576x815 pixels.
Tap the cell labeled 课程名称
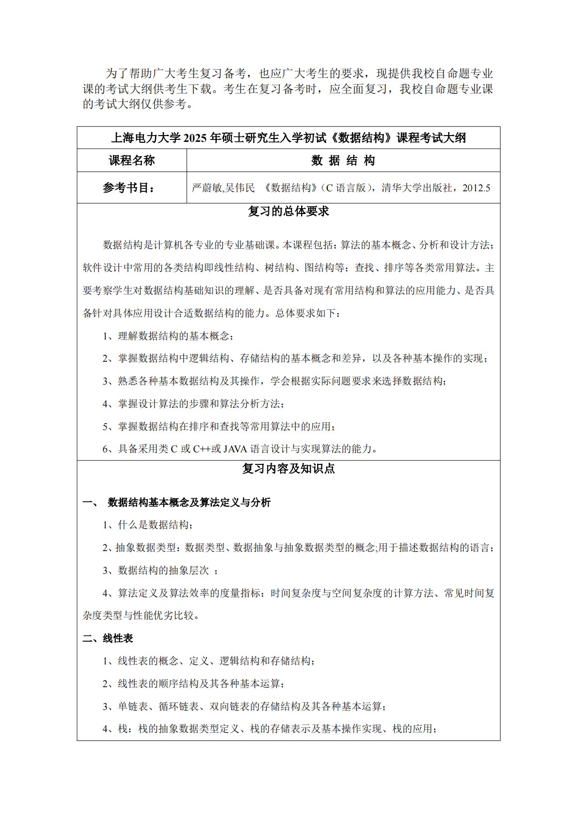point(132,161)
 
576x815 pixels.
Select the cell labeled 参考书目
point(129,188)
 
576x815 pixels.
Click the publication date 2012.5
point(476,188)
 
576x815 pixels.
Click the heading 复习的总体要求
point(288,212)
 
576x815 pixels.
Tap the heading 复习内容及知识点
point(288,469)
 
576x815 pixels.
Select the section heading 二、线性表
point(107,638)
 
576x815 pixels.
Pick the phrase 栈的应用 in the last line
point(416,729)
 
